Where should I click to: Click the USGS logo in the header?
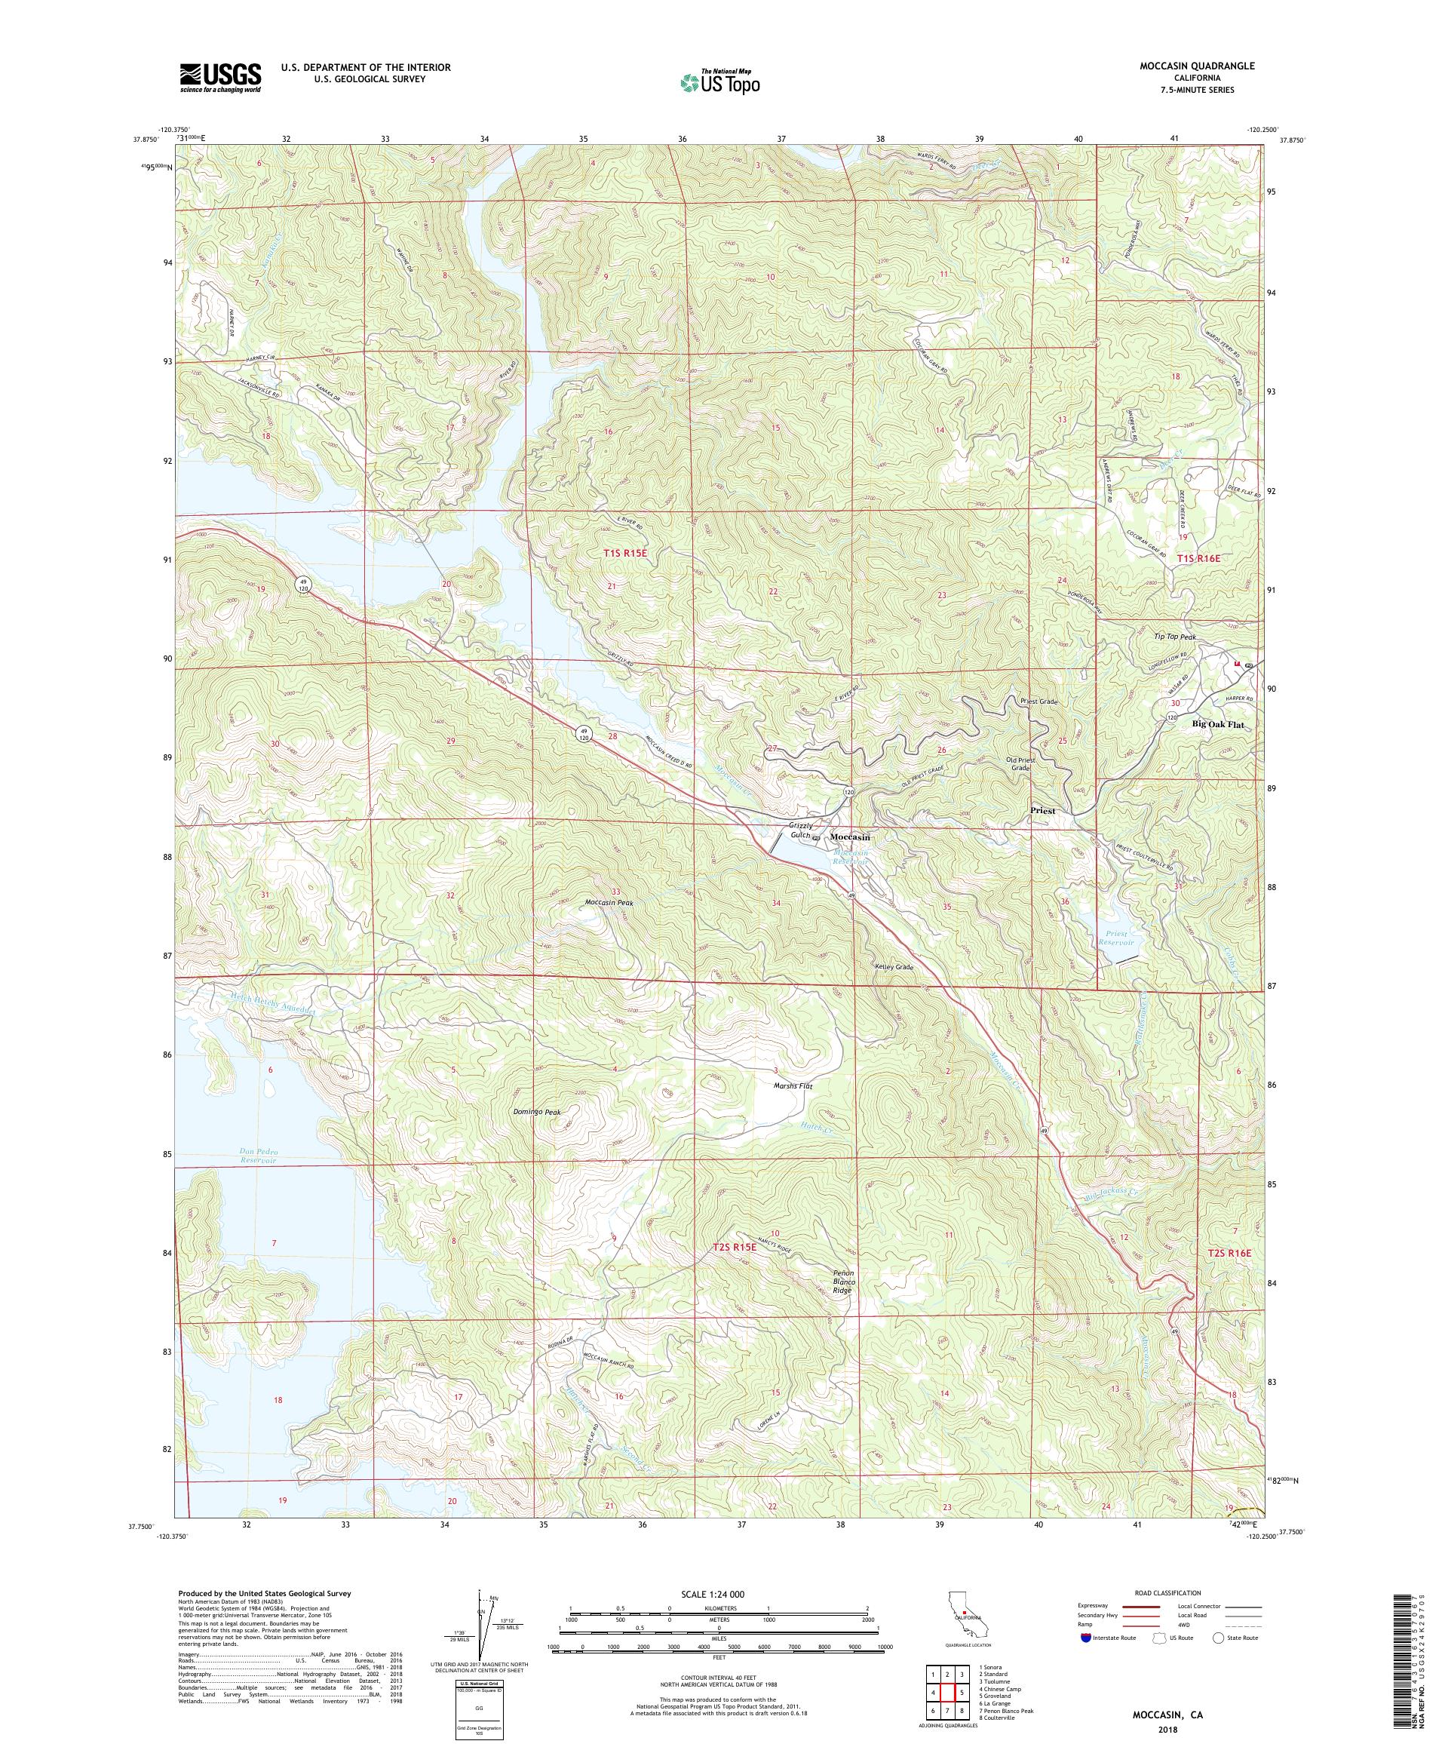point(220,78)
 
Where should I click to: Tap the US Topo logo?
point(721,81)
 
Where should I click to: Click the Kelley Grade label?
point(894,967)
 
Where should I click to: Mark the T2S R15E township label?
point(733,1247)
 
